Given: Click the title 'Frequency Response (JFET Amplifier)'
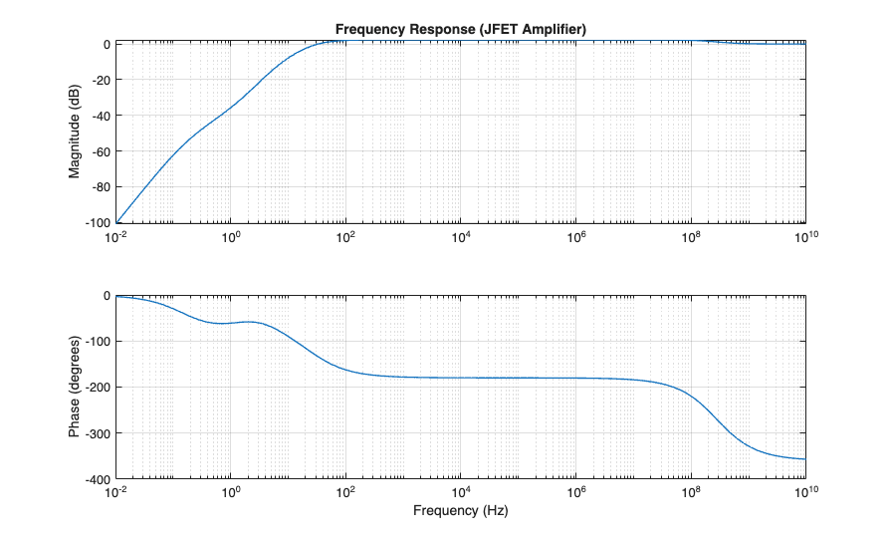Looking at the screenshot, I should [x=460, y=30].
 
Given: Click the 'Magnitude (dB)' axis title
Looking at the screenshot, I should [x=75, y=133].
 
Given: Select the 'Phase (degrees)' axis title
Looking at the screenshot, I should [x=75, y=387].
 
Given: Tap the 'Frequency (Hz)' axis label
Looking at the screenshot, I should [x=460, y=511].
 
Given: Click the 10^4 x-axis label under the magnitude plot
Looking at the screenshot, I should [x=461, y=237].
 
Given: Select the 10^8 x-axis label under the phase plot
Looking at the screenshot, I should [x=691, y=492].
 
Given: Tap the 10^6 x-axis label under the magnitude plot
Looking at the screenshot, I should [x=576, y=237].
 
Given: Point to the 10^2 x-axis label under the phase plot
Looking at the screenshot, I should [x=345, y=492].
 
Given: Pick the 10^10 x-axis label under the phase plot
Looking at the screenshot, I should [x=804, y=492].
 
